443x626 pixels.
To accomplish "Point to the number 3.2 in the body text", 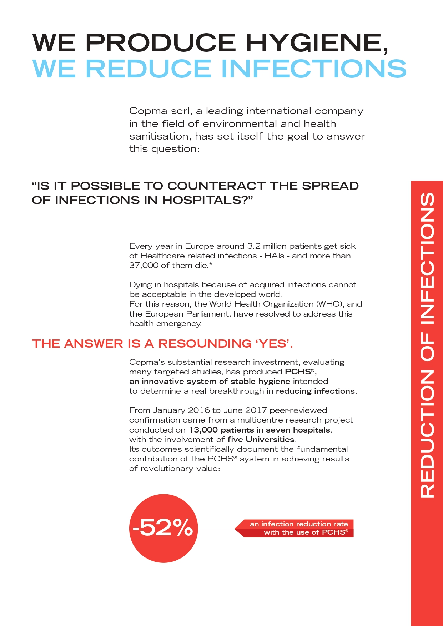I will (254, 246).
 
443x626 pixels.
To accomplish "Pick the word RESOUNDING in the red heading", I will (205, 343).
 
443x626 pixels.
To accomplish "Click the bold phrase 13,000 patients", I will (221, 430).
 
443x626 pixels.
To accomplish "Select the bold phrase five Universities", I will (261, 440).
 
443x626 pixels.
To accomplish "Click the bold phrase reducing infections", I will (316, 391).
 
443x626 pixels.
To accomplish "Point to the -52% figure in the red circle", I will (163, 528).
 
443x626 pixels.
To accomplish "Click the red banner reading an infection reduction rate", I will (298, 524).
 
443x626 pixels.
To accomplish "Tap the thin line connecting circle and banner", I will (216, 529).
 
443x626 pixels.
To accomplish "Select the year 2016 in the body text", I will (199, 410).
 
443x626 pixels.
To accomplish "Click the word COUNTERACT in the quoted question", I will (217, 186).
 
